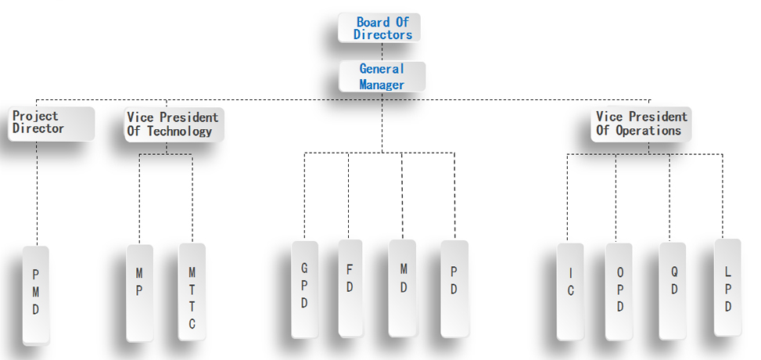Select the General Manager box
[x=382, y=77]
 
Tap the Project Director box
[x=52, y=123]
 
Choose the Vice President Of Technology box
[x=174, y=124]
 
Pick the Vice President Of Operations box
[x=641, y=124]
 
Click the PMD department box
[x=36, y=295]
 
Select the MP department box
[x=139, y=292]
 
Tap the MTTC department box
[x=192, y=291]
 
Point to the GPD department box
[x=304, y=289]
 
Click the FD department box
[x=350, y=286]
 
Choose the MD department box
[x=403, y=287]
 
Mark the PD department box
[x=454, y=289]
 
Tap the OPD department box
[x=619, y=291]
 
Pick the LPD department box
[x=727, y=287]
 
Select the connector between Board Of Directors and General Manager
[x=382, y=52]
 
